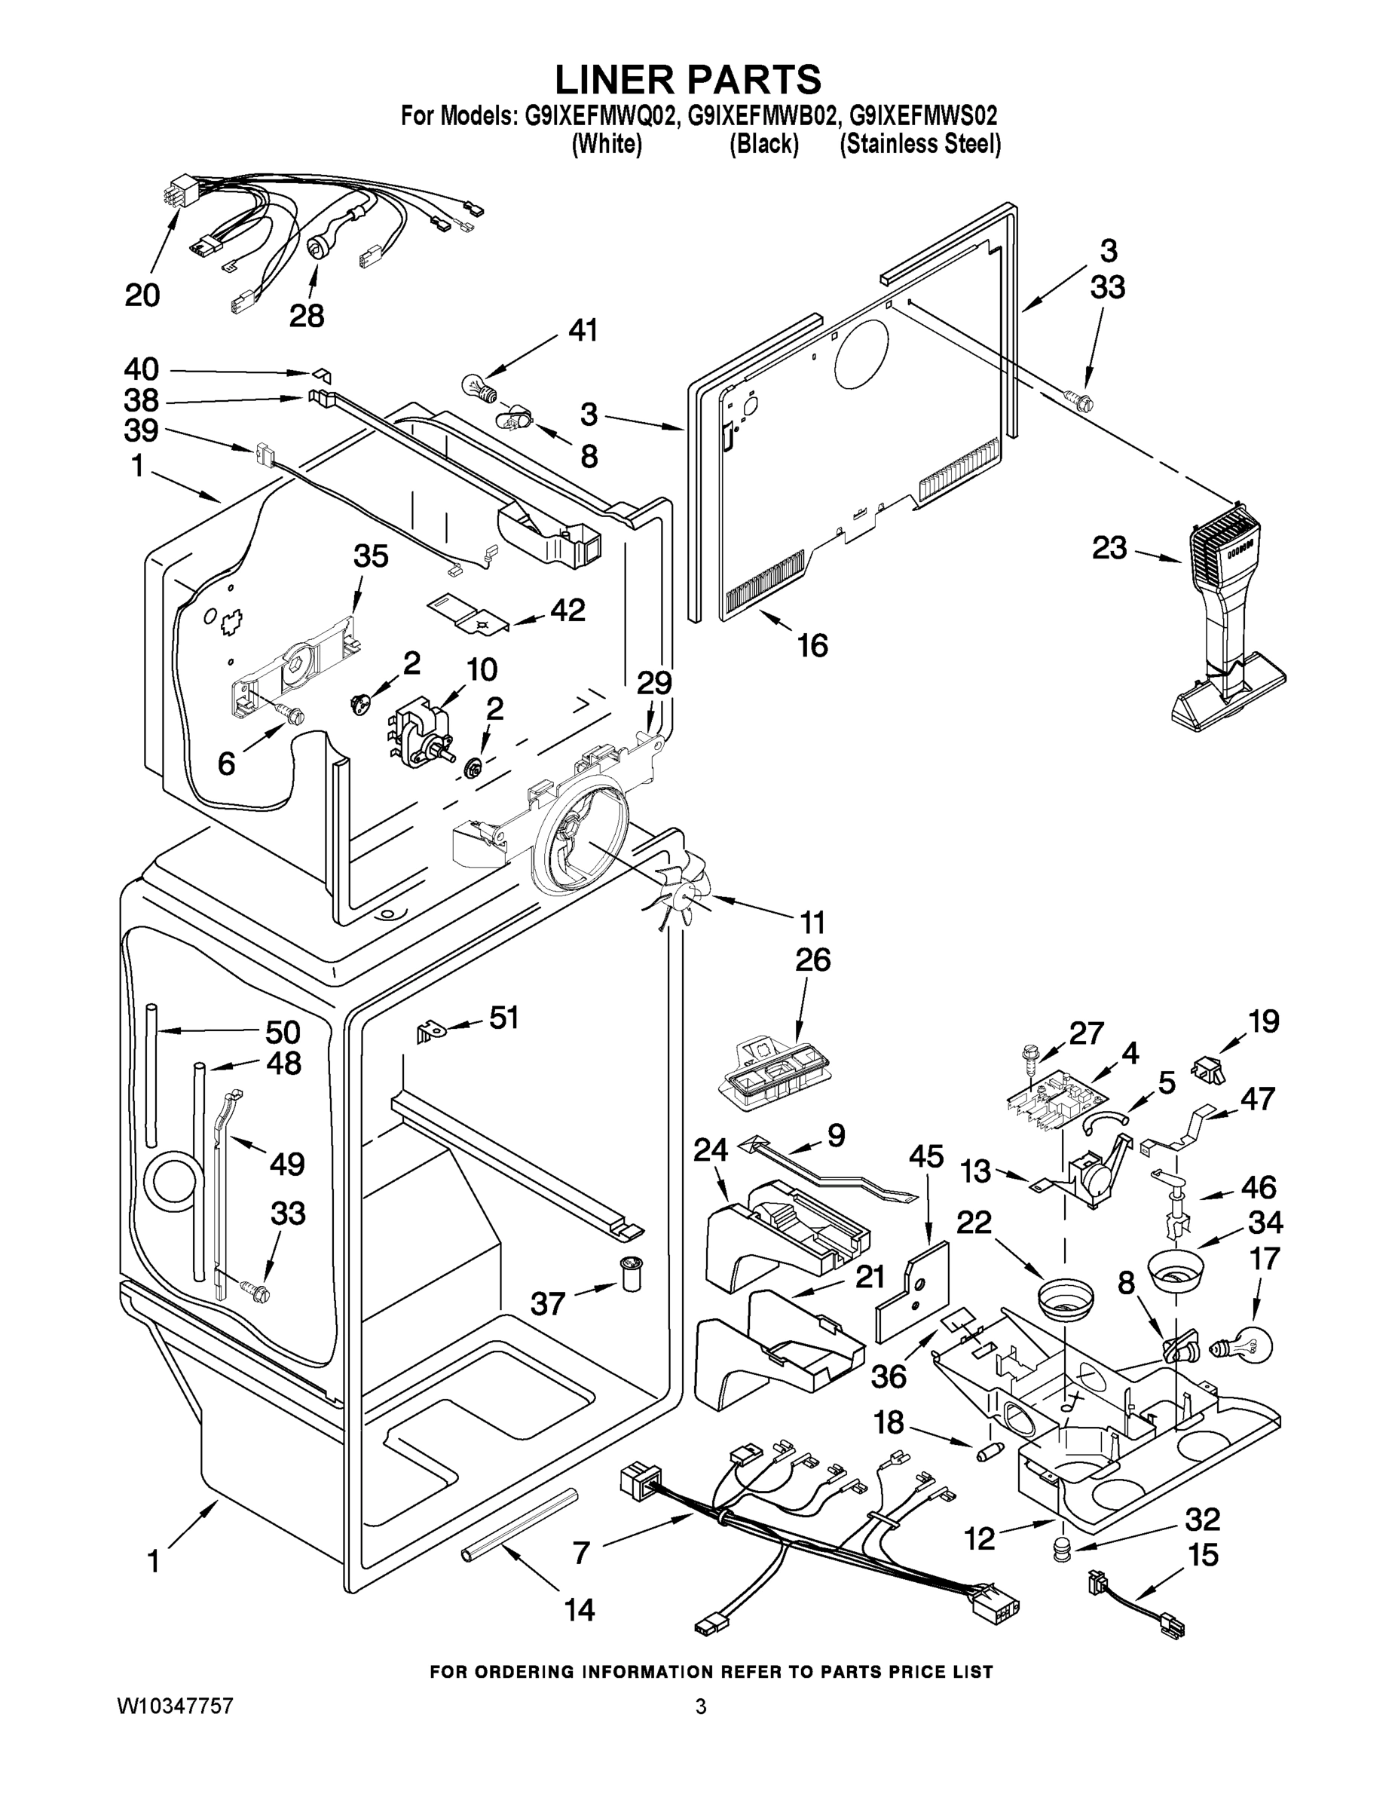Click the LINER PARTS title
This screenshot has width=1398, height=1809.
coord(687,79)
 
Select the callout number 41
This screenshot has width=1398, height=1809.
coord(583,330)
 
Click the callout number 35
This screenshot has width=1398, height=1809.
coord(370,556)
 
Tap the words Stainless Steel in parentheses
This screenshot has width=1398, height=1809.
coord(920,145)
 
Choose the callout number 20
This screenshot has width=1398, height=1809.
coord(142,295)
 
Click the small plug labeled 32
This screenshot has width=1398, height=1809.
coord(1061,1549)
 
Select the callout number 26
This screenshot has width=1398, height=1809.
coord(812,960)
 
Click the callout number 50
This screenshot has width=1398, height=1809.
coord(283,1032)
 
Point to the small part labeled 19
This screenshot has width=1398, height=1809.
coord(1208,1070)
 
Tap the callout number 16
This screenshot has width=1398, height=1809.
coord(812,645)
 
